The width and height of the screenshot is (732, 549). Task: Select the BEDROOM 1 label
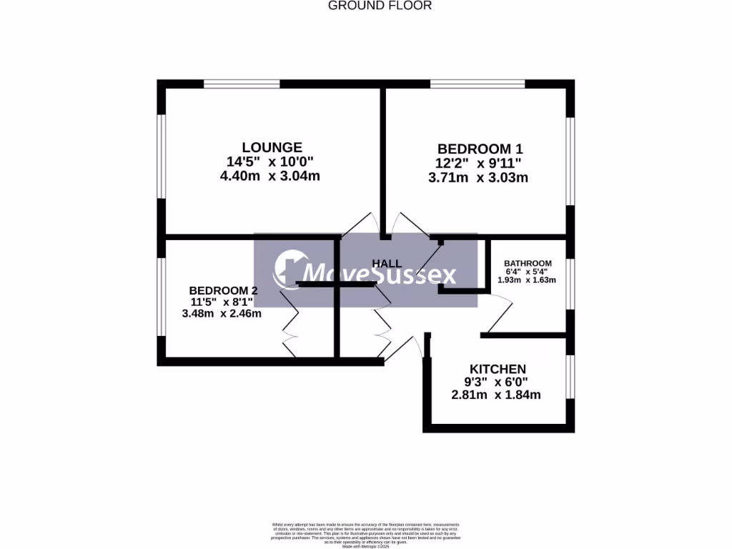[480, 149]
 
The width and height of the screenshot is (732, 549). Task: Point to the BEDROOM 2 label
[223, 290]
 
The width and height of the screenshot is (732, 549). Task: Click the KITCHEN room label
[498, 369]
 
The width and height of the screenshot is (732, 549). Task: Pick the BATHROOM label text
[528, 262]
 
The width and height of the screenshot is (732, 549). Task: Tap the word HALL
[387, 264]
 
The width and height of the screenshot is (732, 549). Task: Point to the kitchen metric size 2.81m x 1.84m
[496, 395]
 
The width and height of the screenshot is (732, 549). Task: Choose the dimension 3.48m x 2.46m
[222, 313]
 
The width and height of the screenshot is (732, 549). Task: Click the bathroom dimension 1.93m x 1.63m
[527, 280]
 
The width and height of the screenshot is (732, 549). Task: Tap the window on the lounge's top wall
[241, 84]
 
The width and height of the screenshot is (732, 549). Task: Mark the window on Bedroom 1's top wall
[478, 84]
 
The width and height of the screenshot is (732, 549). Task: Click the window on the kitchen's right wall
[570, 376]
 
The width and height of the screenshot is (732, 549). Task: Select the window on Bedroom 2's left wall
[162, 295]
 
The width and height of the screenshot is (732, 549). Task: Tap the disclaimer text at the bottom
[365, 535]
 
